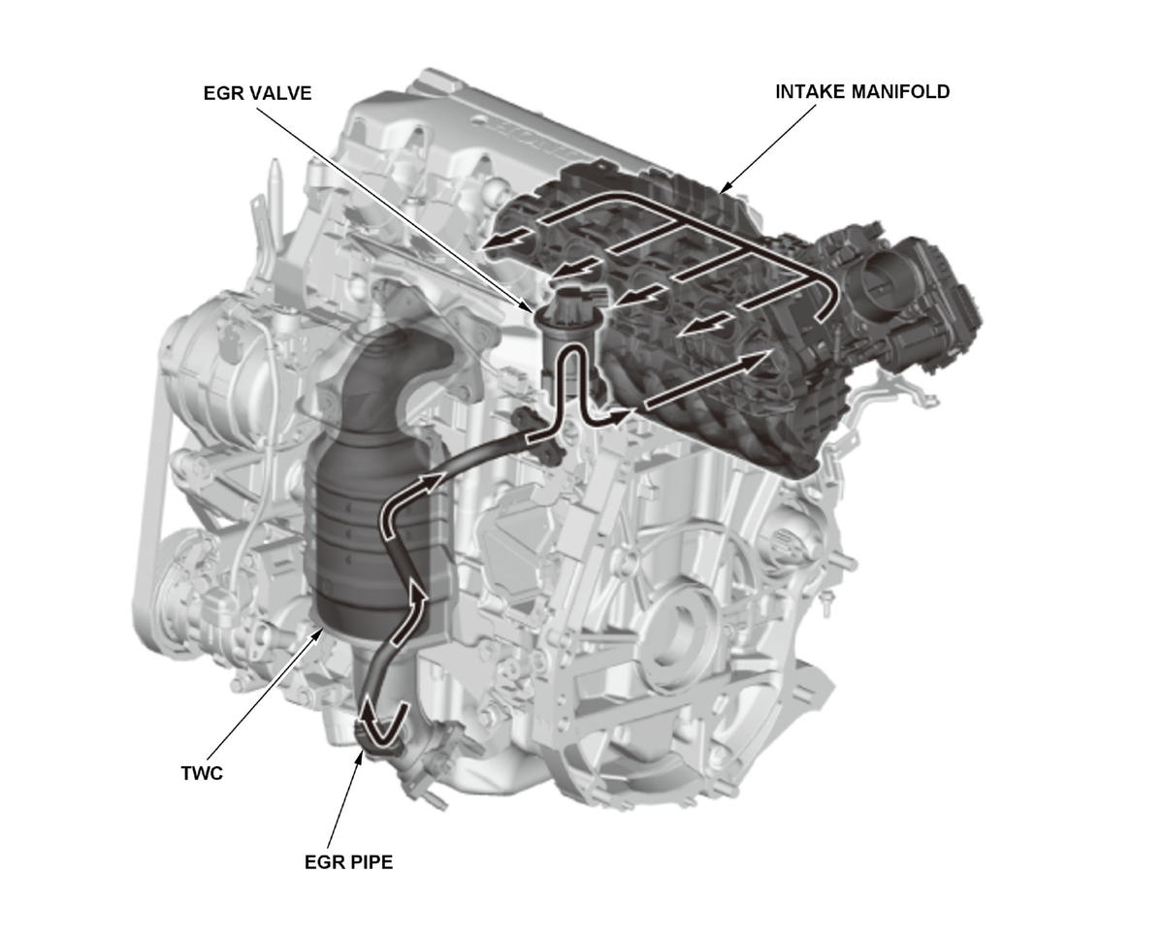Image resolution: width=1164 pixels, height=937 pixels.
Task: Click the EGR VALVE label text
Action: coord(256,93)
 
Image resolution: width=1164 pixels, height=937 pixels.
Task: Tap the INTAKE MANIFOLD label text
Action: coord(862,92)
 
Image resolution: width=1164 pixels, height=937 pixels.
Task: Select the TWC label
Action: coord(202,774)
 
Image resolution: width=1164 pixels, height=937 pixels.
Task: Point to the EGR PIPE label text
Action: coord(348,861)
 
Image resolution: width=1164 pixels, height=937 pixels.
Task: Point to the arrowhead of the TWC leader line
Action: coord(324,631)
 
